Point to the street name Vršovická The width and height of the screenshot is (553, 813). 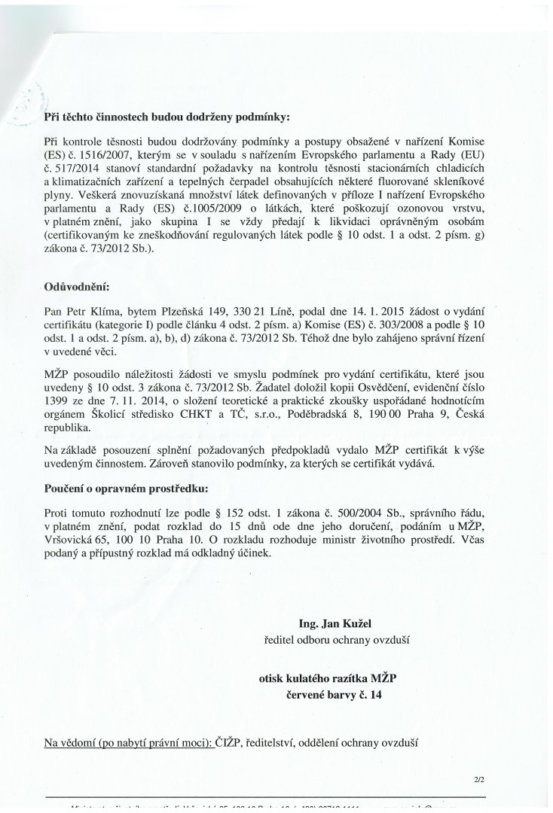[70, 539]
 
